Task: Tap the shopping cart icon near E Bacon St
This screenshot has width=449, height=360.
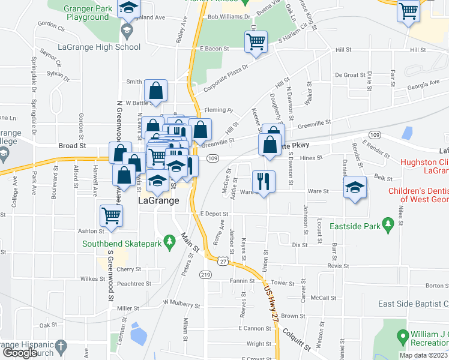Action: (256, 42)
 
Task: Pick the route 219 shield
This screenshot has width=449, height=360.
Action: (206, 275)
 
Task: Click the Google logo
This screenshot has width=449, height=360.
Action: (20, 353)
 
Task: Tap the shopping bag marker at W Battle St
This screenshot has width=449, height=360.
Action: (155, 91)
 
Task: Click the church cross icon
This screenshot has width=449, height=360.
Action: (60, 347)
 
